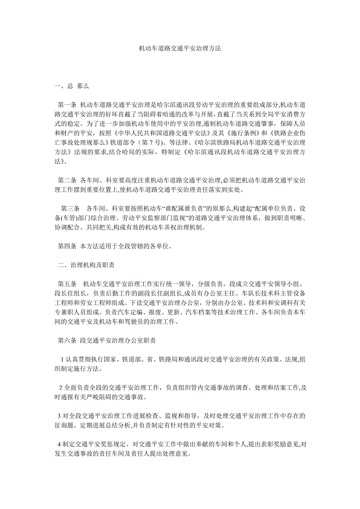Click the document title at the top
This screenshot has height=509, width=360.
pos(180,49)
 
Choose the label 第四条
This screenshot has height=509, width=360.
pos(67,246)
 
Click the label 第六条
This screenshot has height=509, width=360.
pos(67,341)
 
